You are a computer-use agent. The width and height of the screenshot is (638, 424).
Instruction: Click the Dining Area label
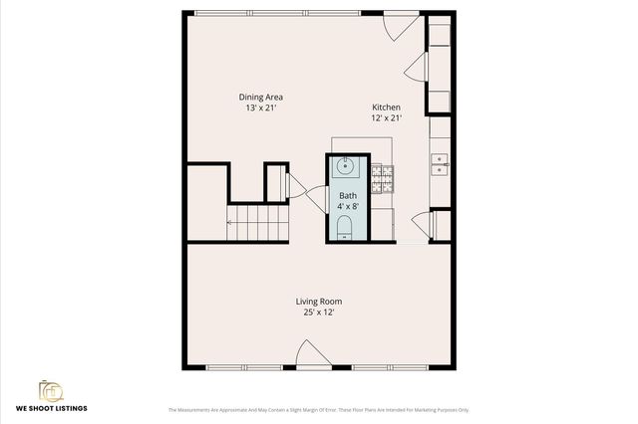click(x=261, y=97)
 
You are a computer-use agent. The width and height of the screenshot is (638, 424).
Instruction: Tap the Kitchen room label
click(x=387, y=107)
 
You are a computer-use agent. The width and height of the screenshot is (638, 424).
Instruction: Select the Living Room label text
click(x=319, y=302)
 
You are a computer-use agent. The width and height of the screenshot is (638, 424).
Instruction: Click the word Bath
click(x=347, y=196)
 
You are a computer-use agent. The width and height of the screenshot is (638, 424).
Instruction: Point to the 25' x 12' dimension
click(x=319, y=313)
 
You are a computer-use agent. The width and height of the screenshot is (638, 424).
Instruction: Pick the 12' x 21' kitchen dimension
click(x=387, y=118)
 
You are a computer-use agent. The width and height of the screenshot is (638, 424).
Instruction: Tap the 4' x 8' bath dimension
click(x=347, y=206)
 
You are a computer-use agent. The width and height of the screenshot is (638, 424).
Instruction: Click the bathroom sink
click(x=346, y=166)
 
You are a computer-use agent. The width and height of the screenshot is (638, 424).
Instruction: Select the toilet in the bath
click(x=345, y=231)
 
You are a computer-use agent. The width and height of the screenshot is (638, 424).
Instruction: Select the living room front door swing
click(x=310, y=353)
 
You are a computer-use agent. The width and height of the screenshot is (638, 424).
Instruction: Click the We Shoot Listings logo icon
click(x=50, y=390)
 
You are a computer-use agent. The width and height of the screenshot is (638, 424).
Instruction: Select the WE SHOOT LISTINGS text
click(x=50, y=409)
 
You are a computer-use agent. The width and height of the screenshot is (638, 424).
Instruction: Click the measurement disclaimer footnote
click(x=319, y=410)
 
